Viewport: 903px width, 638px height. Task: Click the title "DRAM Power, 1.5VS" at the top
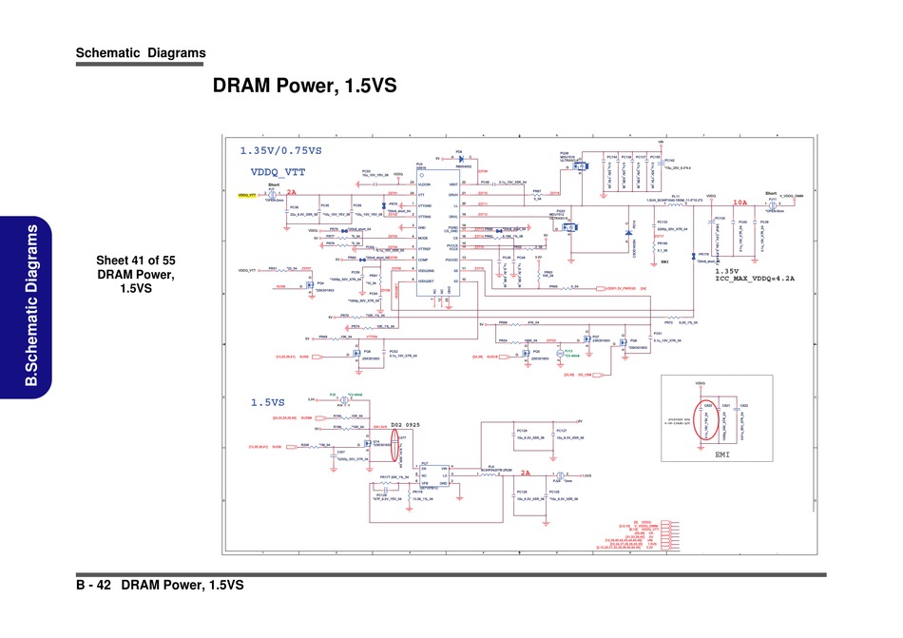pos(304,87)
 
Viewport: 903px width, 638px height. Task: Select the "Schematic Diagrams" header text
pos(141,52)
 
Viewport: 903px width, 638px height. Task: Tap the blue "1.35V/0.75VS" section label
pos(280,151)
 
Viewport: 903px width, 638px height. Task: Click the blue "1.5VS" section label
pos(268,402)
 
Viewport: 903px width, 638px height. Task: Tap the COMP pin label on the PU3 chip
pos(423,259)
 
